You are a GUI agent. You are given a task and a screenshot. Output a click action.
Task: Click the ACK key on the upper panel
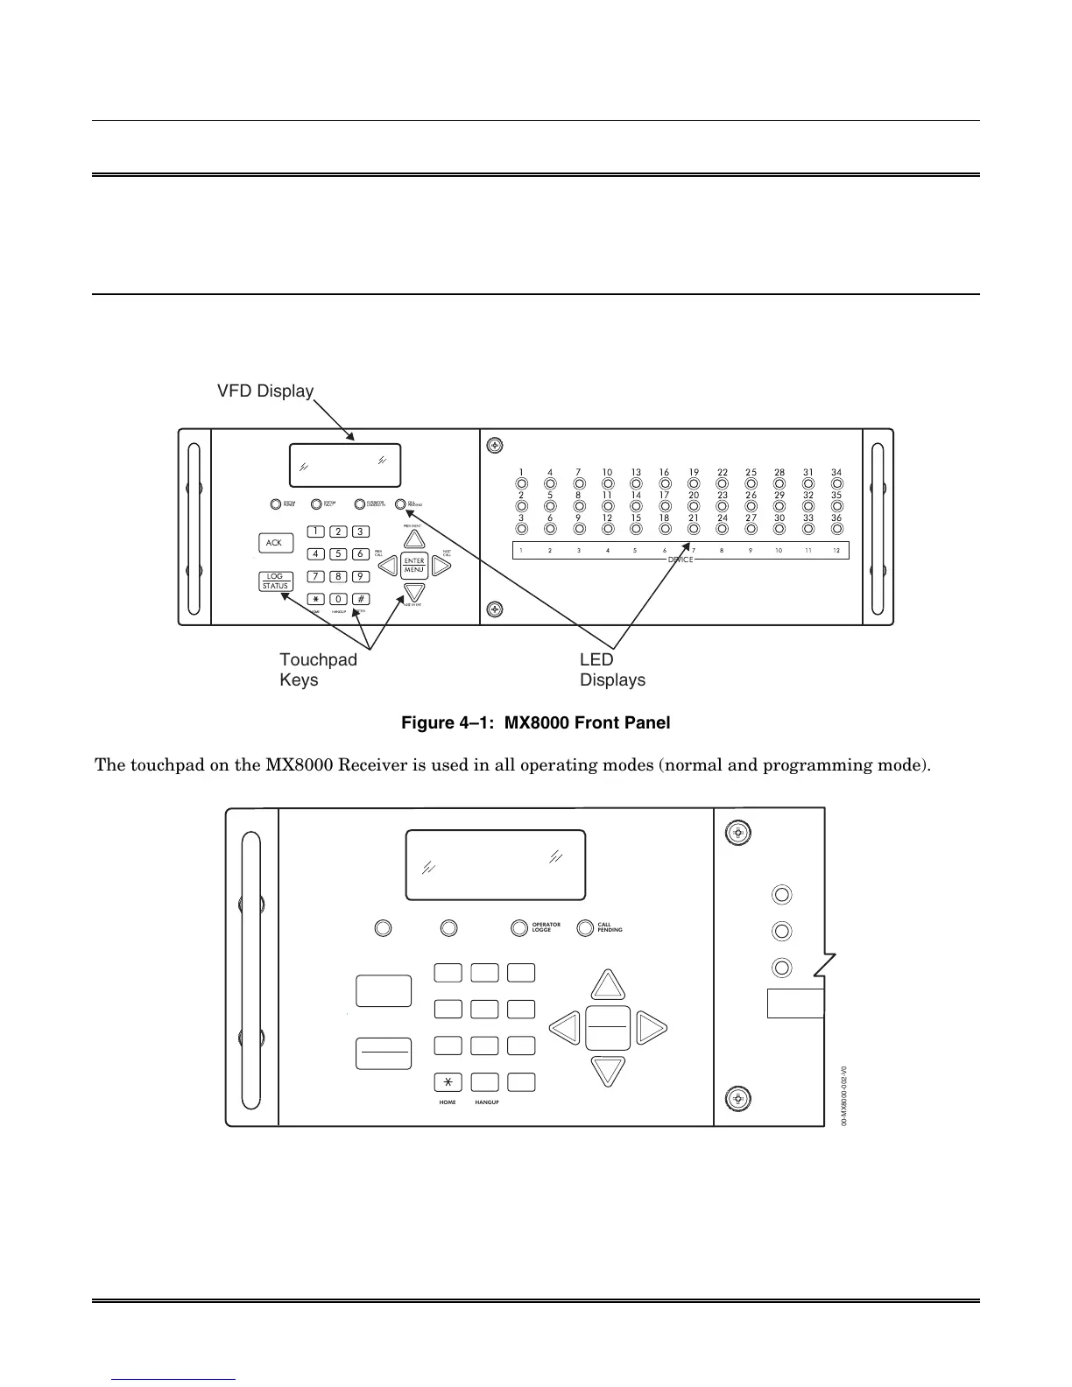[x=274, y=543]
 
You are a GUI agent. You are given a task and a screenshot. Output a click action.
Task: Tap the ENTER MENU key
[x=414, y=566]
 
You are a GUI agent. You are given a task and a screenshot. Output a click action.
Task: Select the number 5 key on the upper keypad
[x=338, y=553]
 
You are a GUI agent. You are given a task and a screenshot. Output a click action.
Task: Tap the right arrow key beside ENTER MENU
[x=441, y=566]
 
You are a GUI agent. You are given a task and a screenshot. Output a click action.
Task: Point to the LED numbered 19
[x=694, y=482]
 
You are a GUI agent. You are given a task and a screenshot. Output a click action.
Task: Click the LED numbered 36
[x=837, y=528]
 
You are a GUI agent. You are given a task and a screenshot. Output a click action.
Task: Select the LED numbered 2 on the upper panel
[x=522, y=505]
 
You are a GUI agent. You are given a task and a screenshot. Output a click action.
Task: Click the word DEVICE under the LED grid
[x=680, y=559]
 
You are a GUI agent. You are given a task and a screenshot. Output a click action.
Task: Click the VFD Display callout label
[x=265, y=391]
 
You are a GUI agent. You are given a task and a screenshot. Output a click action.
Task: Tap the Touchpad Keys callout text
[x=318, y=670]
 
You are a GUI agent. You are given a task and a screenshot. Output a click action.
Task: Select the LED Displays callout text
[x=612, y=670]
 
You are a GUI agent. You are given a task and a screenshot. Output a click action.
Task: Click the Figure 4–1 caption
[x=535, y=723]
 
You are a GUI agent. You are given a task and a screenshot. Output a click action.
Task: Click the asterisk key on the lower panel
[x=448, y=1081]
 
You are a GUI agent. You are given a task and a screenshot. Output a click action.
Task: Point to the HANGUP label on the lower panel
[x=487, y=1102]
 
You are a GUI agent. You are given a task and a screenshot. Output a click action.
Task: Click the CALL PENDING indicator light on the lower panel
[x=585, y=928]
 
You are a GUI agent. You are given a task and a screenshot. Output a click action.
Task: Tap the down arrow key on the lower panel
[x=608, y=1070]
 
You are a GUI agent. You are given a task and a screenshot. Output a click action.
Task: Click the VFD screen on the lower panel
[x=495, y=864]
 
